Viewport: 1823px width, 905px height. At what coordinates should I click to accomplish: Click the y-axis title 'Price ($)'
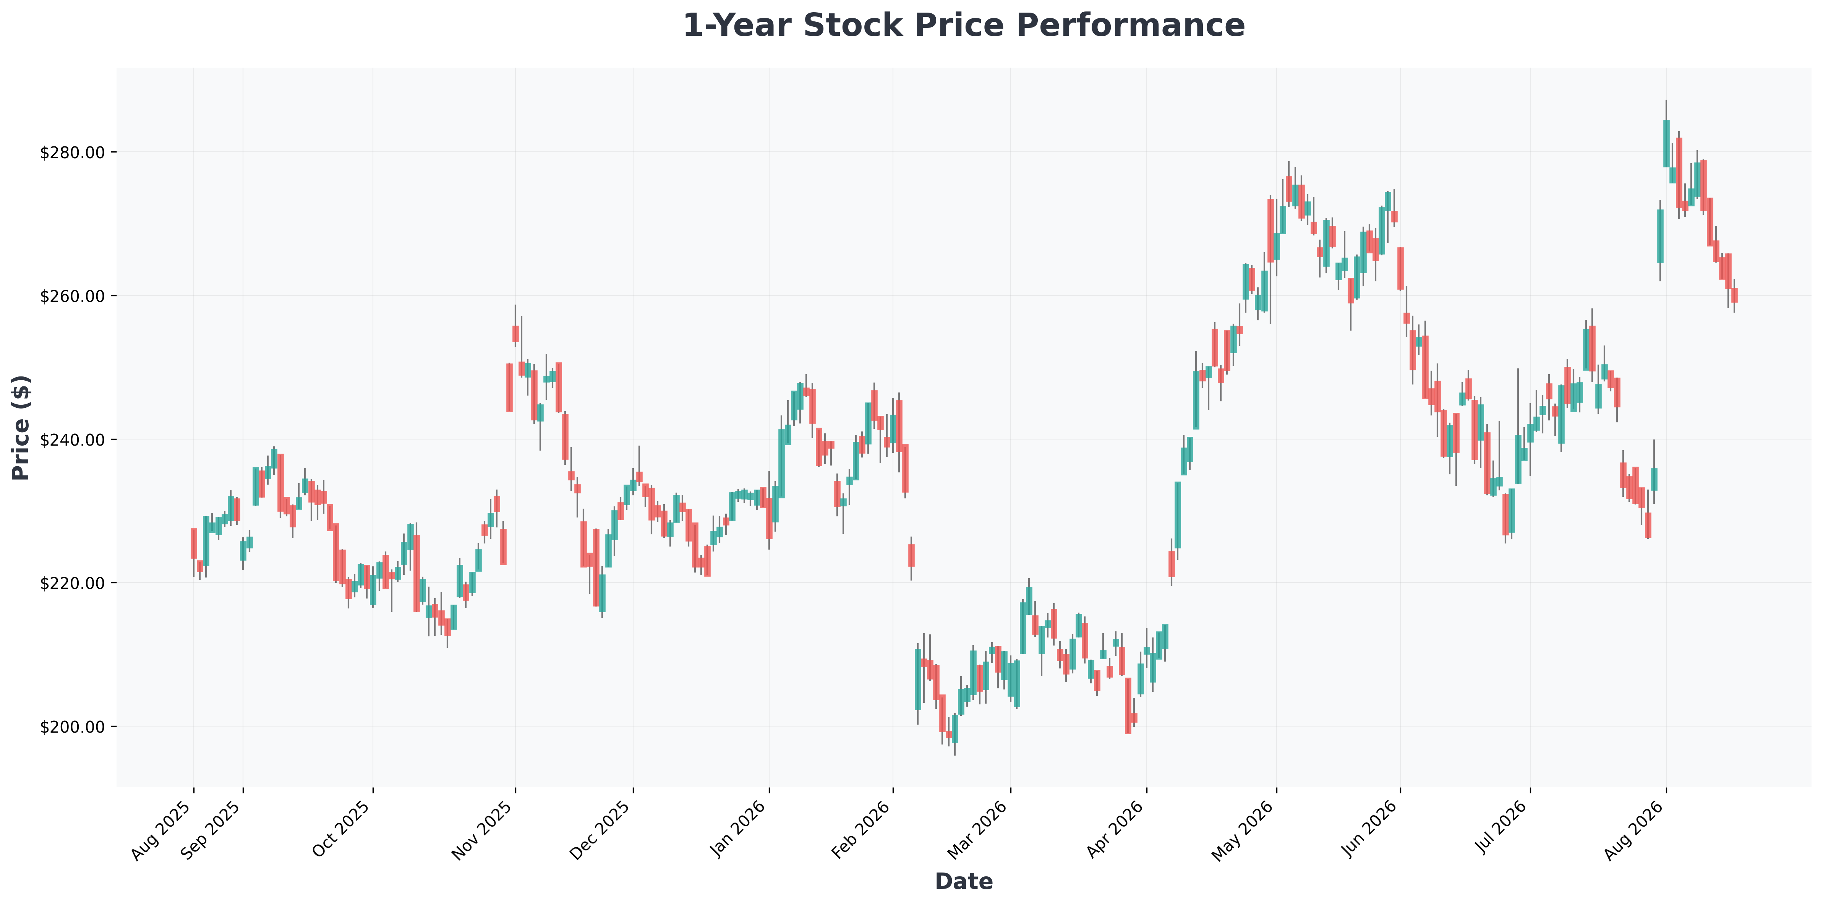pos(22,427)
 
